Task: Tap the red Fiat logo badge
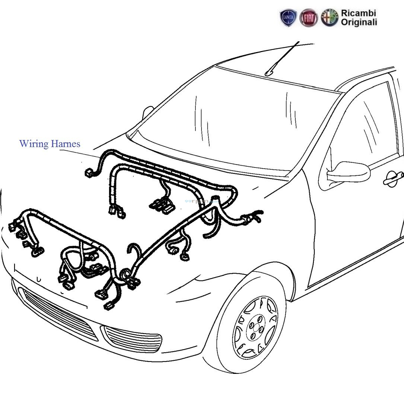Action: pos(309,18)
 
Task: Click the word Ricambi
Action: pos(359,13)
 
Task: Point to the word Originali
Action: pos(359,22)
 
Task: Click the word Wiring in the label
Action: pos(33,144)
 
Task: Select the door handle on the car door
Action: pos(393,179)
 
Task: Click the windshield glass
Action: pos(238,123)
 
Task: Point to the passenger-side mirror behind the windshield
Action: pos(148,111)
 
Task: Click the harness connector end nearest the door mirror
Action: pos(257,216)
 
